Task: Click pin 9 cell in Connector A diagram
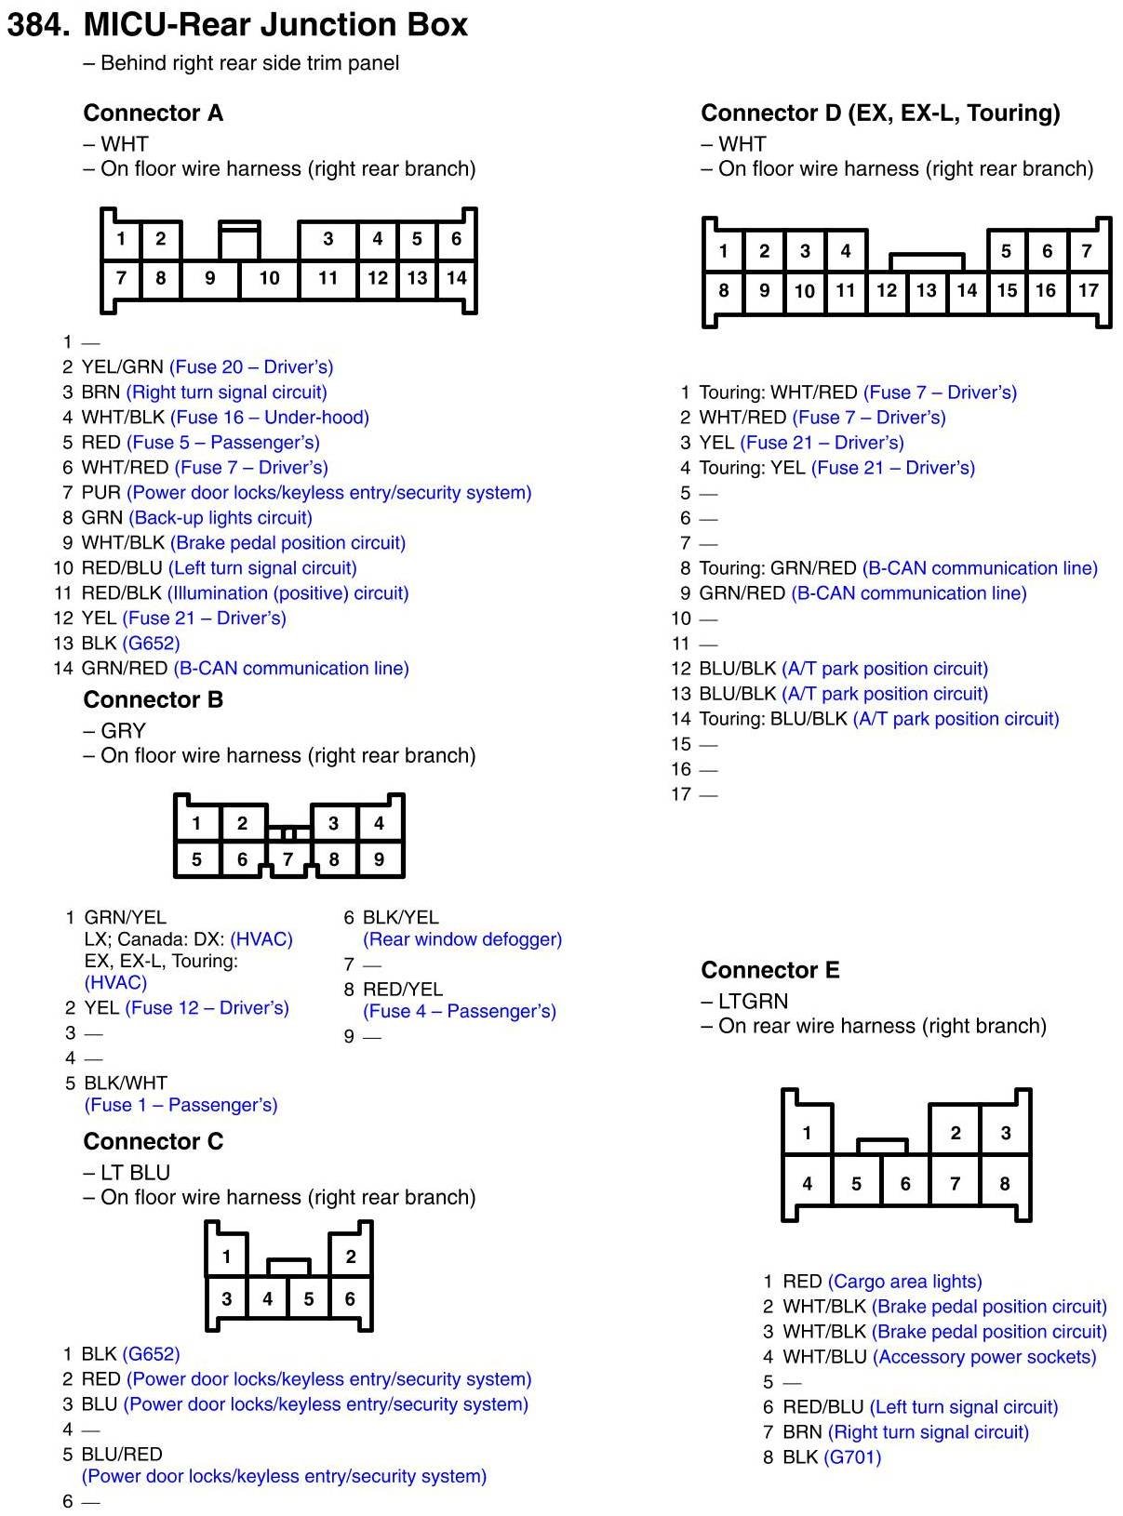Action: pyautogui.click(x=210, y=278)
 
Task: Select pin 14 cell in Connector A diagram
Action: pyautogui.click(x=456, y=278)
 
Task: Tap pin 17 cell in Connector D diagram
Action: pyautogui.click(x=1088, y=290)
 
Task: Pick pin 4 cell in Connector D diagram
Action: pyautogui.click(x=846, y=251)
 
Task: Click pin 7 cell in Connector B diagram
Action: pyautogui.click(x=287, y=859)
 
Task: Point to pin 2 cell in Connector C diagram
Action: pyautogui.click(x=351, y=1257)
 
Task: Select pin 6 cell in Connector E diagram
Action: pyautogui.click(x=905, y=1184)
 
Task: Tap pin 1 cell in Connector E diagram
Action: pyautogui.click(x=807, y=1133)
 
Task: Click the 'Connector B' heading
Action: pyautogui.click(x=154, y=699)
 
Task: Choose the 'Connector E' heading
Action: pyautogui.click(x=770, y=970)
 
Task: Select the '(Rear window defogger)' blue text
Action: pyautogui.click(x=462, y=939)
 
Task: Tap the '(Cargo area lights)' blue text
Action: pyautogui.click(x=904, y=1282)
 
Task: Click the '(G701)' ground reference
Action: pyautogui.click(x=852, y=1457)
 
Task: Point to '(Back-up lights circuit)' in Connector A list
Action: pyautogui.click(x=221, y=518)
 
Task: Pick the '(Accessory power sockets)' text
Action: pyautogui.click(x=984, y=1357)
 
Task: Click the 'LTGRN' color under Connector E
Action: pyautogui.click(x=753, y=1002)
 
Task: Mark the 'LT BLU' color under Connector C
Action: pyautogui.click(x=136, y=1173)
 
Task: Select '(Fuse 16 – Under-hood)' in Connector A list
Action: pyautogui.click(x=270, y=418)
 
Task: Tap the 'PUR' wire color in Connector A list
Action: pyautogui.click(x=101, y=493)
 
